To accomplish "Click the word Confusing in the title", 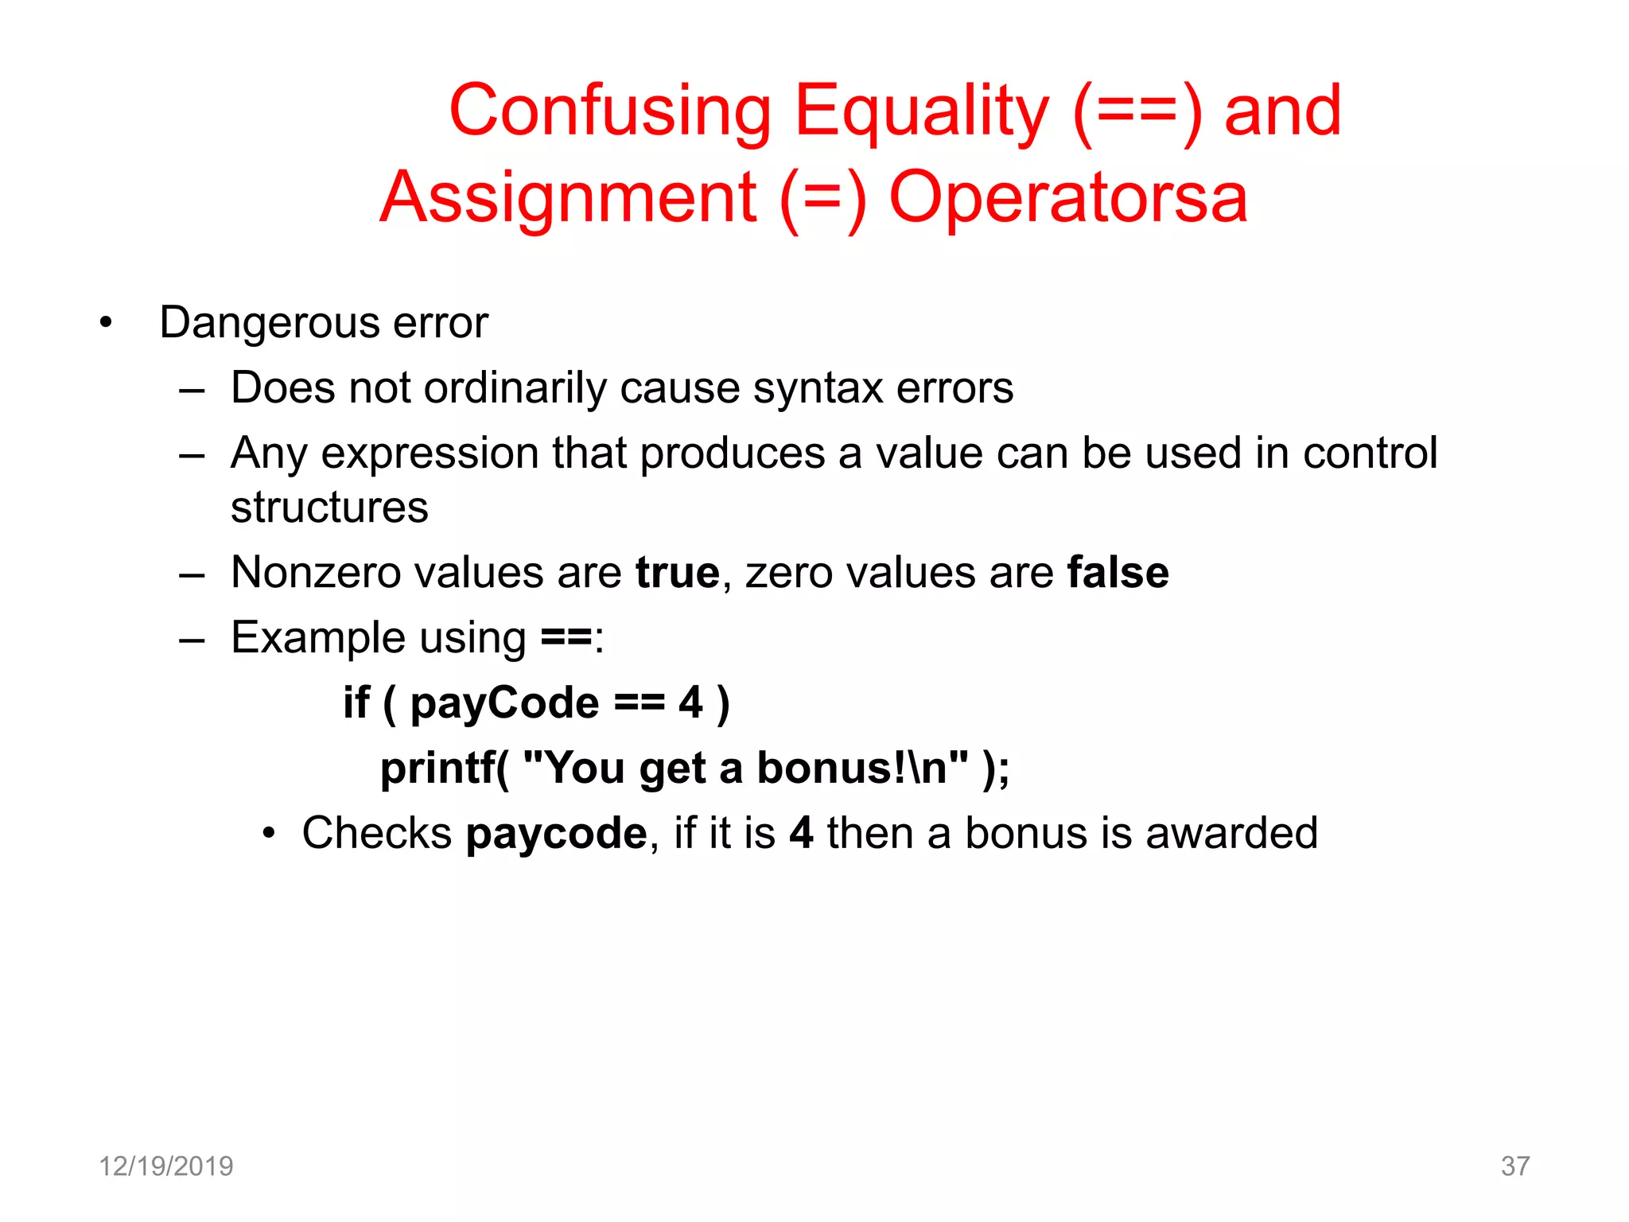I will tap(610, 111).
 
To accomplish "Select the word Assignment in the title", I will tap(568, 198).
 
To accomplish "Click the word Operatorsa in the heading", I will tap(1067, 198).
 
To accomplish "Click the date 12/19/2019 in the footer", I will tap(165, 1166).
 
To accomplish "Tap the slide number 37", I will tap(1514, 1166).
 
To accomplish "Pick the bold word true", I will tap(678, 573).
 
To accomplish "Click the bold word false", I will tap(1118, 573).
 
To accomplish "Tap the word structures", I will tap(329, 508).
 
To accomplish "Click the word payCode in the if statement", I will tap(504, 703).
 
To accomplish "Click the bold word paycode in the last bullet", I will tap(557, 834).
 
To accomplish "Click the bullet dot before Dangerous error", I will tap(106, 323).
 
